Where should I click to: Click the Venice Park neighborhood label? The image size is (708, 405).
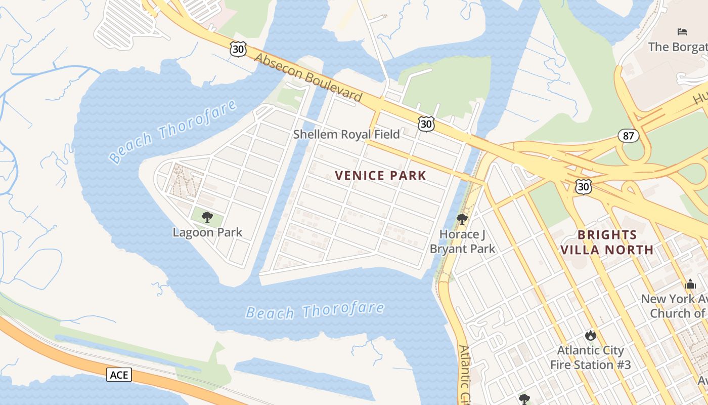tap(380, 176)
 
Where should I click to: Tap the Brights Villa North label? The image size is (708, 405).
tap(607, 242)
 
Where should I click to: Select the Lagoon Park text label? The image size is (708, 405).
tap(207, 232)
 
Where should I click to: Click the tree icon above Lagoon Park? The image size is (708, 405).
tap(207, 218)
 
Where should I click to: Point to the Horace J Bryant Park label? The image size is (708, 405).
tap(462, 241)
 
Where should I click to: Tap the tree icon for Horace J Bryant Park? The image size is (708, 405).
tap(462, 219)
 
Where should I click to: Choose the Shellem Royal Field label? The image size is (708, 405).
tap(346, 134)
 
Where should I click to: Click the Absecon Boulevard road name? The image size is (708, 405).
tap(308, 77)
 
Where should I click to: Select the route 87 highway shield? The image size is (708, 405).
tap(628, 136)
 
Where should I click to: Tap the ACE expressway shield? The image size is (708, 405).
tap(119, 375)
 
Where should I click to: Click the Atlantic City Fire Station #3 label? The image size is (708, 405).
tap(590, 357)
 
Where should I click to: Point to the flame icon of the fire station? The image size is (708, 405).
tap(590, 335)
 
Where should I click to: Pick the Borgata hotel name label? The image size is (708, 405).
tap(678, 47)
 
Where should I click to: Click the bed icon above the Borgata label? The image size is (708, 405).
tap(682, 32)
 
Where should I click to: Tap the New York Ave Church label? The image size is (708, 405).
tap(675, 306)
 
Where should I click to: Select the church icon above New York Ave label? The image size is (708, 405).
tap(690, 284)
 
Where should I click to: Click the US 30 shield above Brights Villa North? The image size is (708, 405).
tap(584, 186)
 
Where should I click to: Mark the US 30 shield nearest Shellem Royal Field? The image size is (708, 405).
tap(426, 124)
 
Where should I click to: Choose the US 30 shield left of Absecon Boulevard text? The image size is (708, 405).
tap(238, 49)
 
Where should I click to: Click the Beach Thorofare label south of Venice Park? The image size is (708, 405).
tap(315, 311)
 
